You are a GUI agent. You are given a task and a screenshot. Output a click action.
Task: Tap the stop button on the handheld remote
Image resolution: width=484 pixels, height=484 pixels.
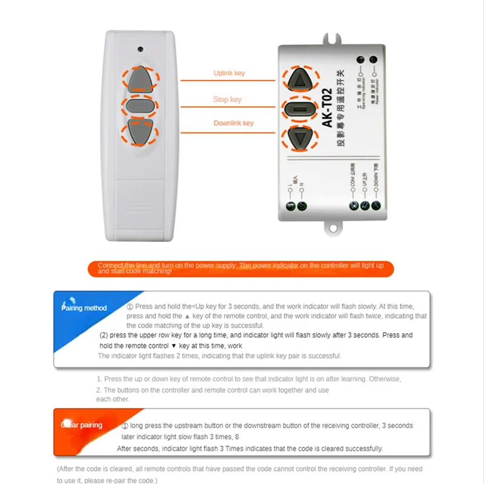coord(141,106)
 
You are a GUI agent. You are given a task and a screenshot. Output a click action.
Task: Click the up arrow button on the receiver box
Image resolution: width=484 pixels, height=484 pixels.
coord(300,79)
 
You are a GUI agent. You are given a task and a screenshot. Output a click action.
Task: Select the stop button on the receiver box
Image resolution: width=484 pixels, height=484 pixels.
coord(300,110)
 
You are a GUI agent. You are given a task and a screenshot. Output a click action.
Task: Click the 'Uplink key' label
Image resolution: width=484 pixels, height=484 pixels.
coord(229,73)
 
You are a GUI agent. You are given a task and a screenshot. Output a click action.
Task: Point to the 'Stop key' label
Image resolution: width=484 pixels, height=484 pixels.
coord(227,99)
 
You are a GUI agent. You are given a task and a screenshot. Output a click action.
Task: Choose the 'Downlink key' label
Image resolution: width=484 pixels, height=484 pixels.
coord(234,123)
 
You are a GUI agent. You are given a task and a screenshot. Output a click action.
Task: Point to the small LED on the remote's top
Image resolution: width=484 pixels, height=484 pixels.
coord(140,47)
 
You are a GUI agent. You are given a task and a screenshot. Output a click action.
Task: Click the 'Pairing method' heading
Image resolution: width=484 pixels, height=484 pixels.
coord(85,308)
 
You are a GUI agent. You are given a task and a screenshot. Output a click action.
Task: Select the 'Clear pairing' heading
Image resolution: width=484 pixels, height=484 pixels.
coord(82,425)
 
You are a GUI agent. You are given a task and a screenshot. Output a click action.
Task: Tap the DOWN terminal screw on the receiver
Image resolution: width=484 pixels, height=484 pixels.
coord(377,206)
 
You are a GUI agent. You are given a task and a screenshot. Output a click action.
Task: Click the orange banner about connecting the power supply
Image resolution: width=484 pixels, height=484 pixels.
coord(241,269)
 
